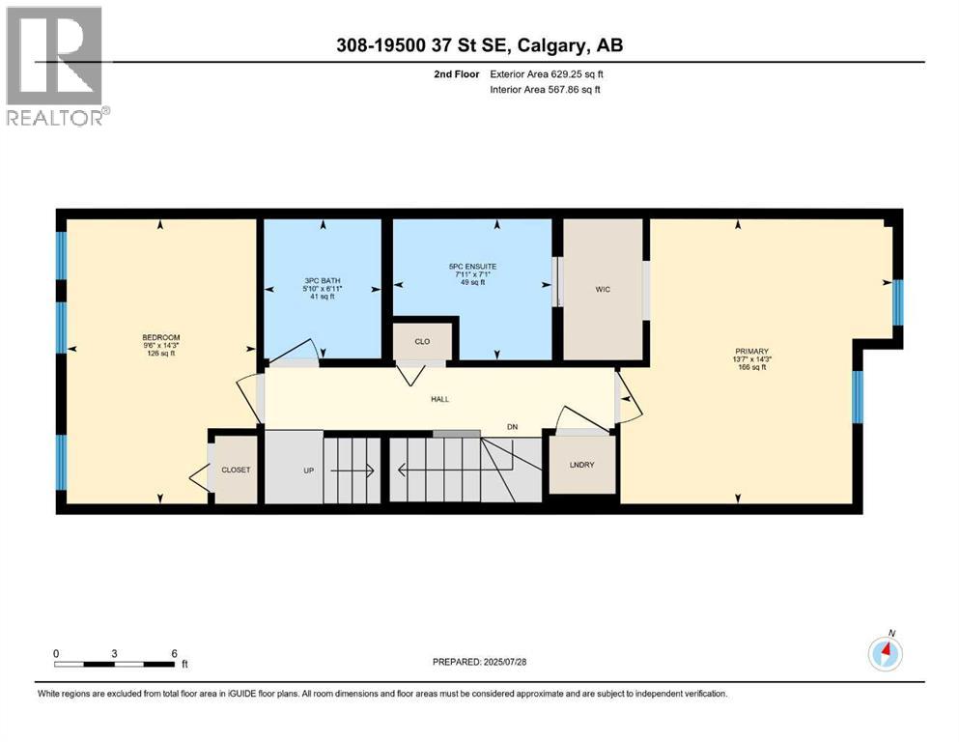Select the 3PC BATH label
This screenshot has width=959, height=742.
coord(323,281)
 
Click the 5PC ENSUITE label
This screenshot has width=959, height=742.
coord(471,266)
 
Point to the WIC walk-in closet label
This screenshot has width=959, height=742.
coord(603,289)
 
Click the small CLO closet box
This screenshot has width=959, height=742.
coord(421,341)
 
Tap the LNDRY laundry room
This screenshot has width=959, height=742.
coord(582,465)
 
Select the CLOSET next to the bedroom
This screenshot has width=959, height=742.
coord(236,470)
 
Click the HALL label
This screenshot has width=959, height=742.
coord(439,399)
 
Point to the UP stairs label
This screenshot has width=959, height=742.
coord(309,471)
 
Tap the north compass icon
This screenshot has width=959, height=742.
coord(885,653)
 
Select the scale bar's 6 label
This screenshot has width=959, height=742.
coord(174,653)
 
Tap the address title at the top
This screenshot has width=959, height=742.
coord(479,45)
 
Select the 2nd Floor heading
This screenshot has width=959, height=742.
coord(458,73)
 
